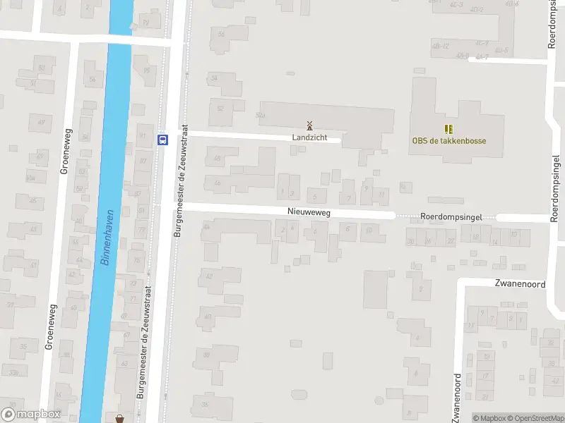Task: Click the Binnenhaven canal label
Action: click(107, 241)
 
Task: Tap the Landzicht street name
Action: click(309, 137)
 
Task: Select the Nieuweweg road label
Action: click(309, 211)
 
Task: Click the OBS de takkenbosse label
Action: click(449, 140)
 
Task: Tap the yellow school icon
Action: click(448, 128)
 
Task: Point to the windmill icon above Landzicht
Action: click(309, 125)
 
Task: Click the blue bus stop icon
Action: click(162, 139)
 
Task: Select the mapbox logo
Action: click(31, 415)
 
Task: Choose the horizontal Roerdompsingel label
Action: click(451, 217)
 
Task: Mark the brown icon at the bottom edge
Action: click(119, 418)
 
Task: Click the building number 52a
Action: click(261, 114)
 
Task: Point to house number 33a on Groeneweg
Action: click(13, 371)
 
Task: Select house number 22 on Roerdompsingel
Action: click(451, 241)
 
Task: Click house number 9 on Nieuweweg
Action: click(366, 188)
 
